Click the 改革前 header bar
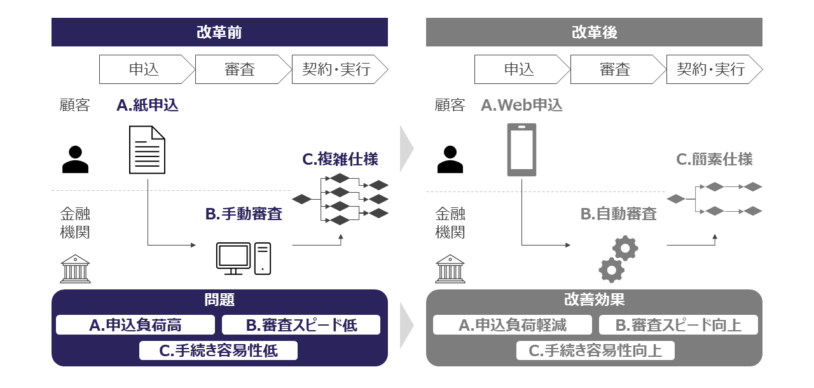coord(219,32)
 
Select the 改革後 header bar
coord(594,32)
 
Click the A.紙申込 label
coord(148,106)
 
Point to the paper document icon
coord(147,150)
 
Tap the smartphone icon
coord(521,150)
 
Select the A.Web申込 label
coord(521,106)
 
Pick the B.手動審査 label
coord(244,214)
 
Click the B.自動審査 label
coord(618,214)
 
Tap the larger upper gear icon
coord(625,248)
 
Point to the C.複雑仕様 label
coord(340,159)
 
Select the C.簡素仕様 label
coord(714,159)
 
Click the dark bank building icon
coord(75,268)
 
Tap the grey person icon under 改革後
coord(450,160)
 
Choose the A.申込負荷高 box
coord(135,325)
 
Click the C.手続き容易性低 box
coord(218,350)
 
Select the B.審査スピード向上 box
coord(679,325)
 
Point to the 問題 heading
coord(219,300)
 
